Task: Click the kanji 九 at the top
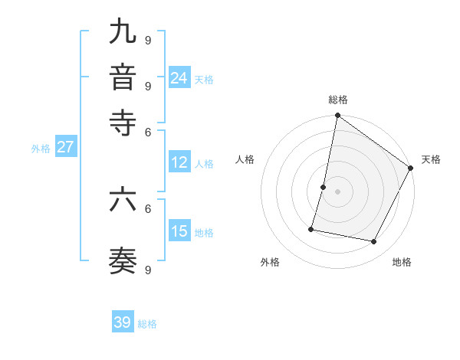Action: (123, 32)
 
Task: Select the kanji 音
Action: (123, 77)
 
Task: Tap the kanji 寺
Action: (123, 123)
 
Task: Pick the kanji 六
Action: (123, 200)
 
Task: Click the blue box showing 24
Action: (179, 77)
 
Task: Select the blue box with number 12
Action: (179, 162)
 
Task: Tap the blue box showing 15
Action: (179, 231)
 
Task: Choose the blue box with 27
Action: (65, 147)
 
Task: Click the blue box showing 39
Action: (123, 322)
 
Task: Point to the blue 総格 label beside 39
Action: (147, 324)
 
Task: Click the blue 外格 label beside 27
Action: (40, 149)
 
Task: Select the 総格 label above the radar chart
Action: (337, 100)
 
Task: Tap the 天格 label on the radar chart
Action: (431, 159)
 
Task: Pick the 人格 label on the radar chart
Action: (245, 159)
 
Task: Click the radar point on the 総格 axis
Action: (337, 116)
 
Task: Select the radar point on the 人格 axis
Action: (324, 187)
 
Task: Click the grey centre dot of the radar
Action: (337, 191)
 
